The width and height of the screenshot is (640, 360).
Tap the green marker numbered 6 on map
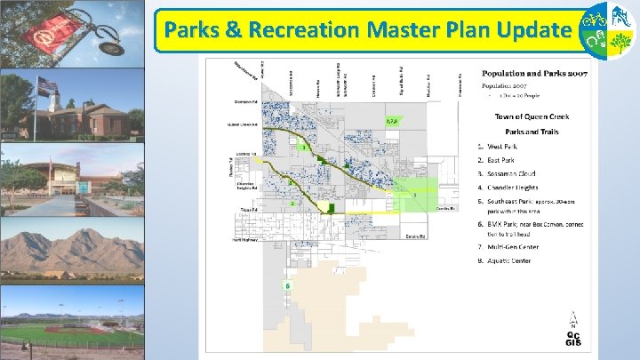(288, 284)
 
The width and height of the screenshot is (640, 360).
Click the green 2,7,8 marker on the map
(392, 121)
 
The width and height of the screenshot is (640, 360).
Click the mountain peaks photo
(71, 249)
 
